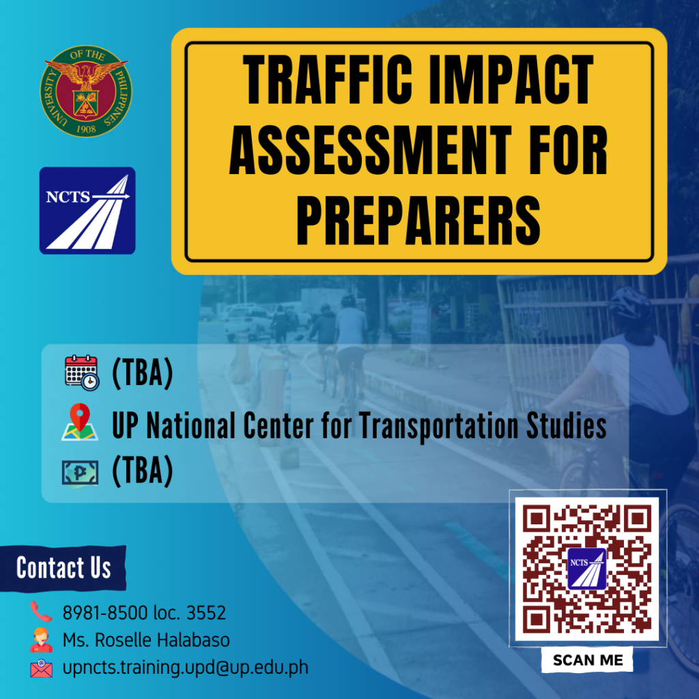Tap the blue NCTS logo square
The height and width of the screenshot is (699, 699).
tap(87, 210)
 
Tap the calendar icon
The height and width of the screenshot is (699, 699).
tap(82, 373)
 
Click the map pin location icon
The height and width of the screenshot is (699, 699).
tap(80, 423)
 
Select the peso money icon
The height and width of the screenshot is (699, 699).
tap(80, 472)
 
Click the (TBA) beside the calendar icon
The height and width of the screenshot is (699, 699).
tap(142, 374)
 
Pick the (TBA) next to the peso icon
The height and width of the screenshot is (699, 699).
tap(142, 472)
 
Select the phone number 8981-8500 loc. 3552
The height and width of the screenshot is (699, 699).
tap(144, 613)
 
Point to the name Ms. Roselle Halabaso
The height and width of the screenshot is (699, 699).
tap(146, 640)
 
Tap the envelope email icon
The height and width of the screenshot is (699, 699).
tap(41, 668)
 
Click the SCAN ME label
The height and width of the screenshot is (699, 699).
tap(588, 660)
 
